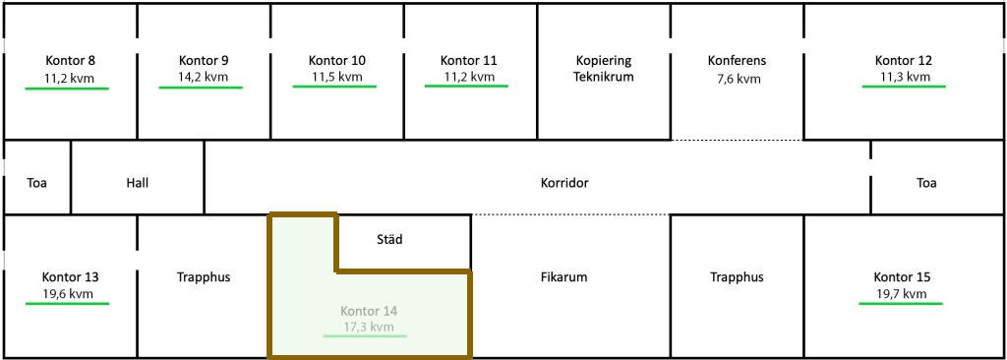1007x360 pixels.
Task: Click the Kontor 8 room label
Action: pyautogui.click(x=71, y=61)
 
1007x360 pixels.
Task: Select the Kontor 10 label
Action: pyautogui.click(x=337, y=61)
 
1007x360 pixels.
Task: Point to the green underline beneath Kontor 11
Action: pyautogui.click(x=466, y=86)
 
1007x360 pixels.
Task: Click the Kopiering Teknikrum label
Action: pyautogui.click(x=604, y=69)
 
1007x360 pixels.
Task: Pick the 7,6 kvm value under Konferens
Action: pyautogui.click(x=738, y=80)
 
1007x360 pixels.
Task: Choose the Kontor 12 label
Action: pyautogui.click(x=904, y=61)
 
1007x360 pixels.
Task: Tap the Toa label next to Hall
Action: pyautogui.click(x=37, y=183)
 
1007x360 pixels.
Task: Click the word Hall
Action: pyautogui.click(x=138, y=183)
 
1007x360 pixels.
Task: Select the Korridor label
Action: pyautogui.click(x=564, y=183)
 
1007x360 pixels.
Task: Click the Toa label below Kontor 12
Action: pyautogui.click(x=926, y=183)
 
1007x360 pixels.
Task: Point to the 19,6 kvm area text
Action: pyautogui.click(x=68, y=294)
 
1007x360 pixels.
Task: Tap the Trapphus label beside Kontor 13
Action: pyautogui.click(x=204, y=277)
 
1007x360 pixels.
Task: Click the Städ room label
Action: pyautogui.click(x=389, y=240)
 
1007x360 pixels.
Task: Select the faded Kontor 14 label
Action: pyautogui.click(x=369, y=311)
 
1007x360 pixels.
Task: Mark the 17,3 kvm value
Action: pyautogui.click(x=368, y=328)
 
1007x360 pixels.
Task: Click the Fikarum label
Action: pyautogui.click(x=564, y=277)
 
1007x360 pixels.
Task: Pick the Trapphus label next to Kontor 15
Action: pyautogui.click(x=737, y=277)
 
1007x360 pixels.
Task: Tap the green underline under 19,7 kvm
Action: pyautogui.click(x=901, y=303)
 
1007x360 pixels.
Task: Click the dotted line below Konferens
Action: pyautogui.click(x=738, y=140)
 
